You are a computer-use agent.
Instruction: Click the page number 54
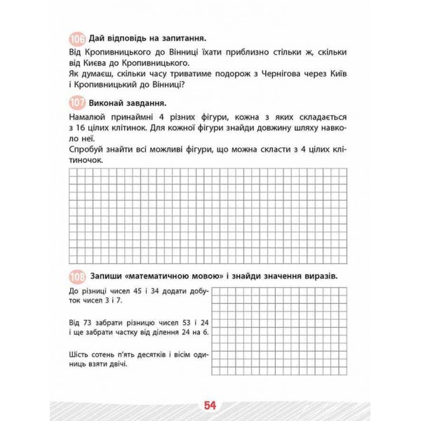tap(210, 405)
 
